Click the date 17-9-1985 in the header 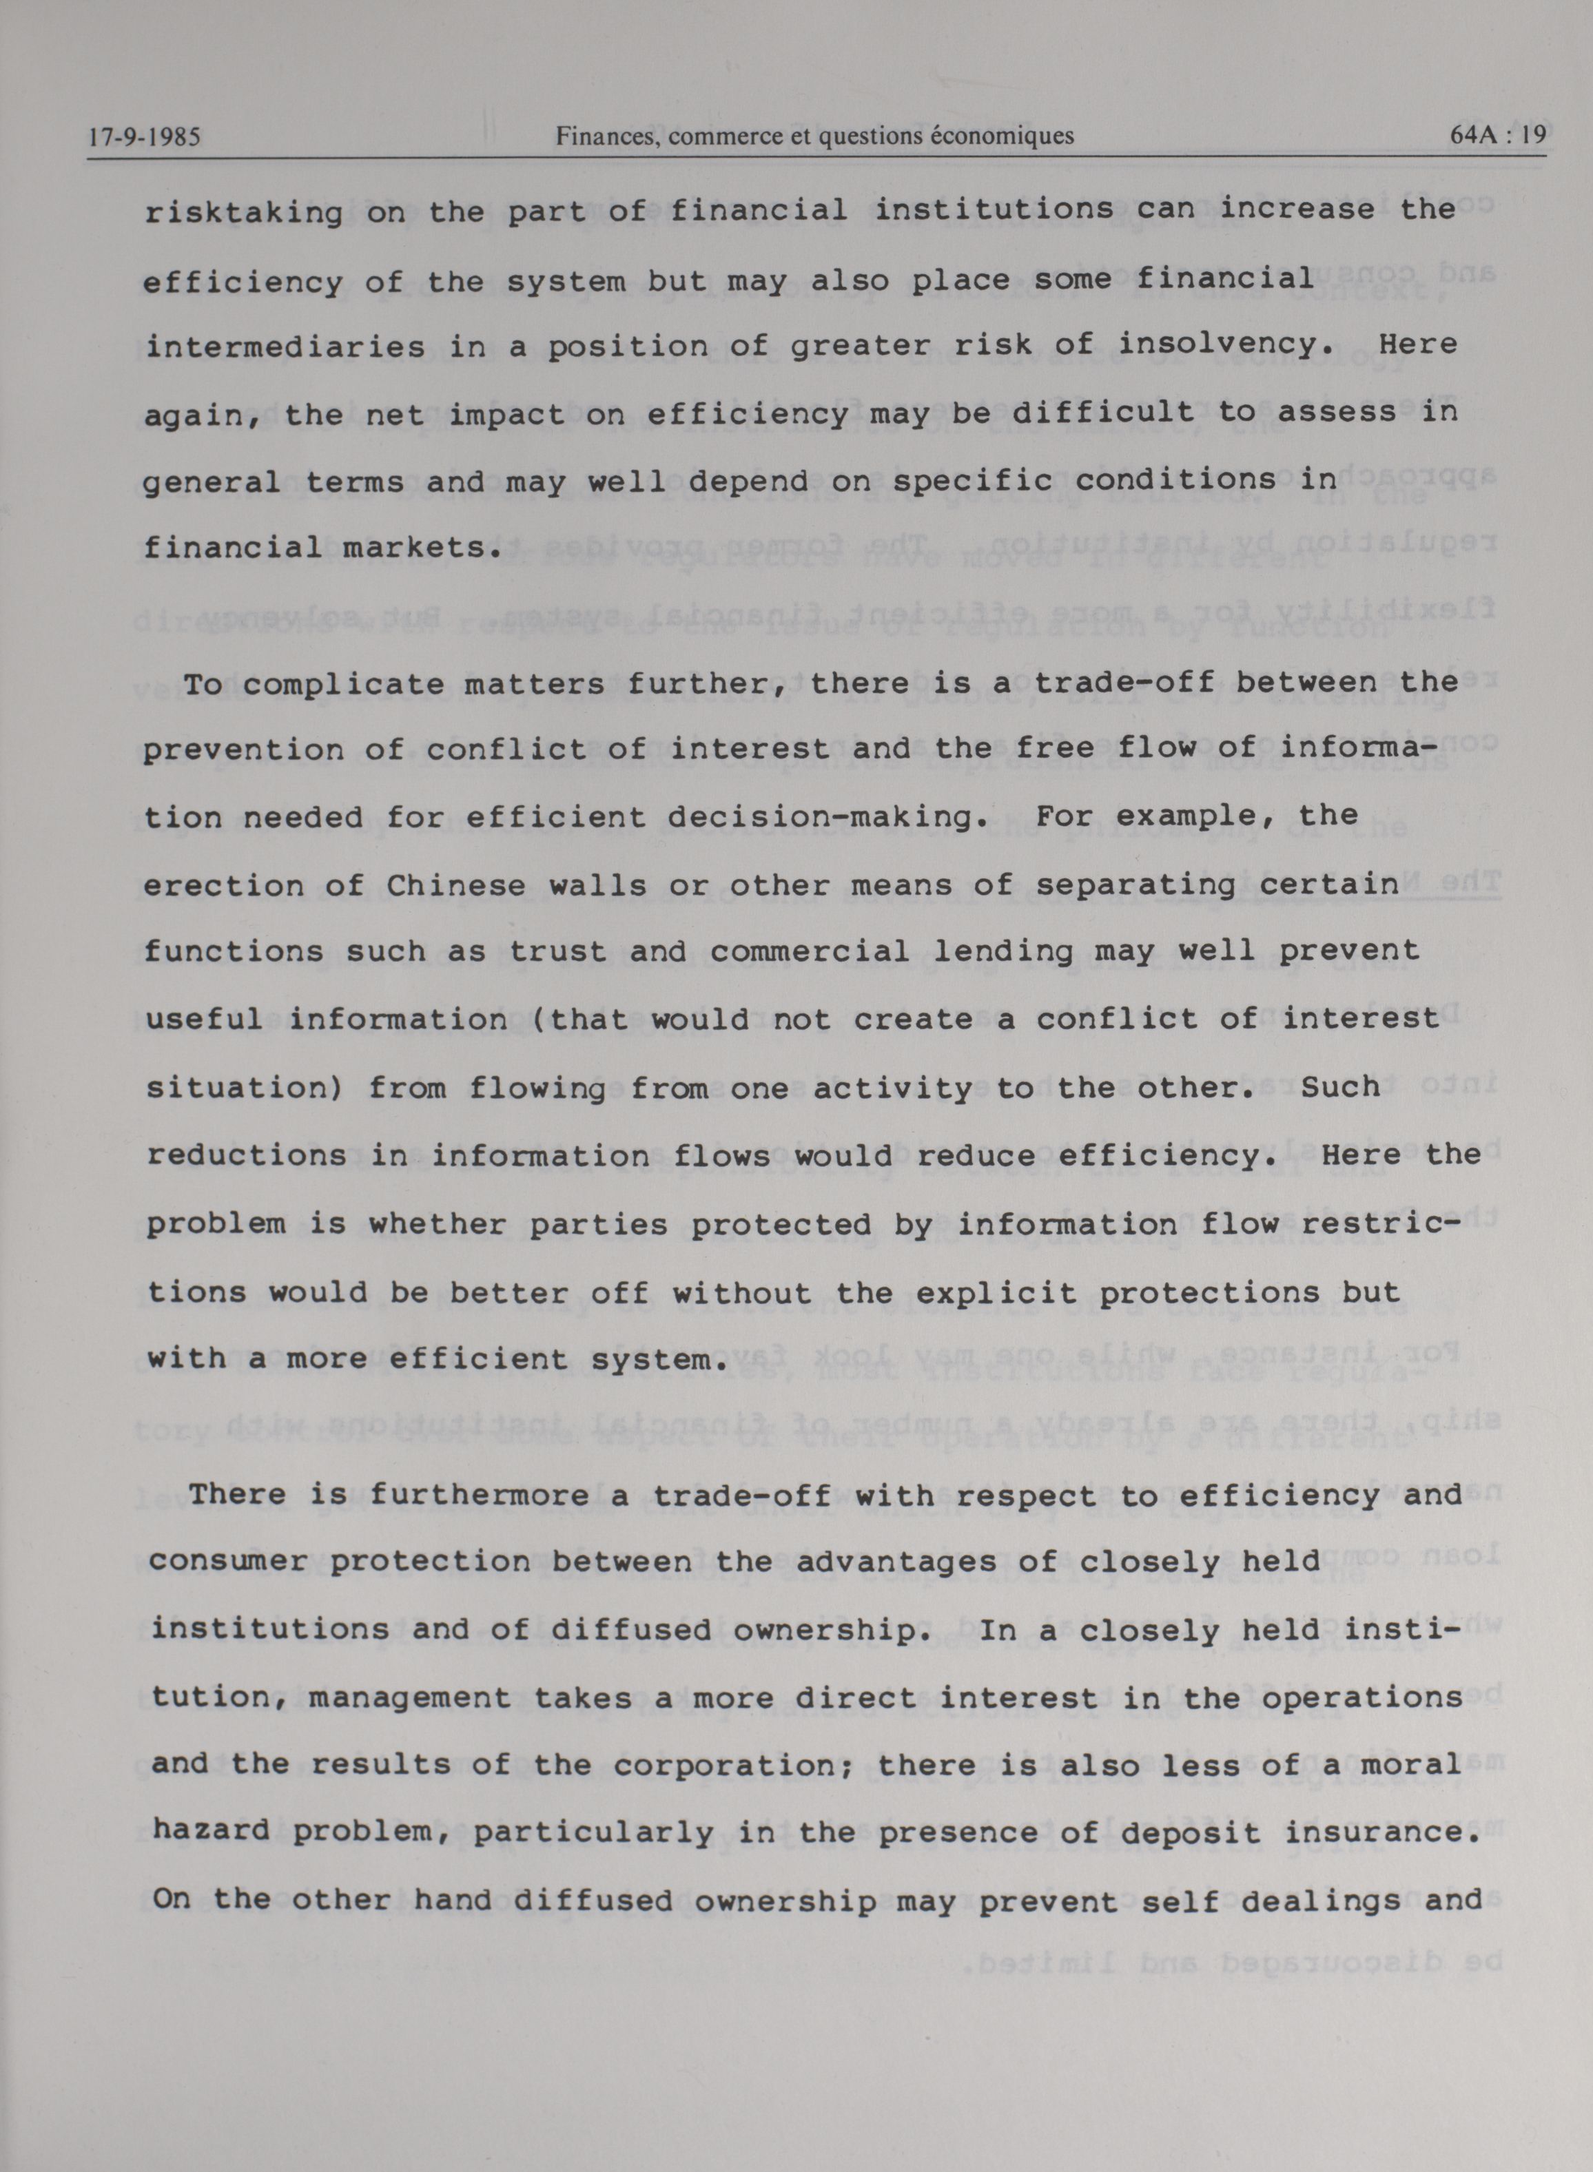point(144,137)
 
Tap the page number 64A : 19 point(1497,136)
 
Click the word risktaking point(244,212)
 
